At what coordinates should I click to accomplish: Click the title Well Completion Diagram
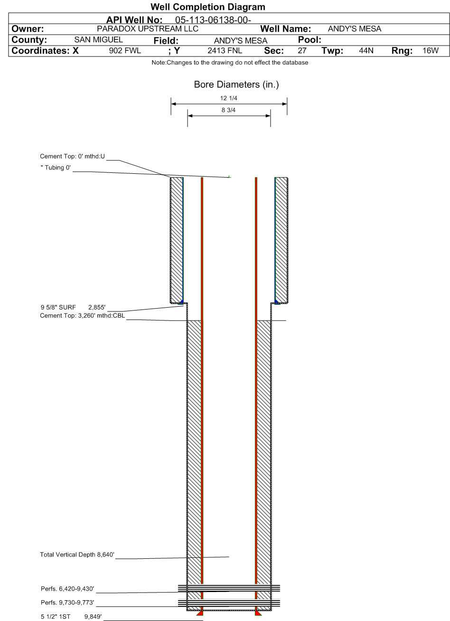tap(207, 7)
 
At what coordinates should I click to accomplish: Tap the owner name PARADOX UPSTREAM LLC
tap(147, 29)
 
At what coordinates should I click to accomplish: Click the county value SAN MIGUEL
tap(99, 40)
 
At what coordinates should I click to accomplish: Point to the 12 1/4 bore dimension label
tap(229, 98)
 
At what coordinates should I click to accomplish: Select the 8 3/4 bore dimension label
tap(229, 110)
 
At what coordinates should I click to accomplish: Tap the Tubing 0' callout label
tap(55, 168)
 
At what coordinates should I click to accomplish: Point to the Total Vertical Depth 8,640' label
tap(77, 555)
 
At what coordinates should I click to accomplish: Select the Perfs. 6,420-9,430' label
tap(67, 589)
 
